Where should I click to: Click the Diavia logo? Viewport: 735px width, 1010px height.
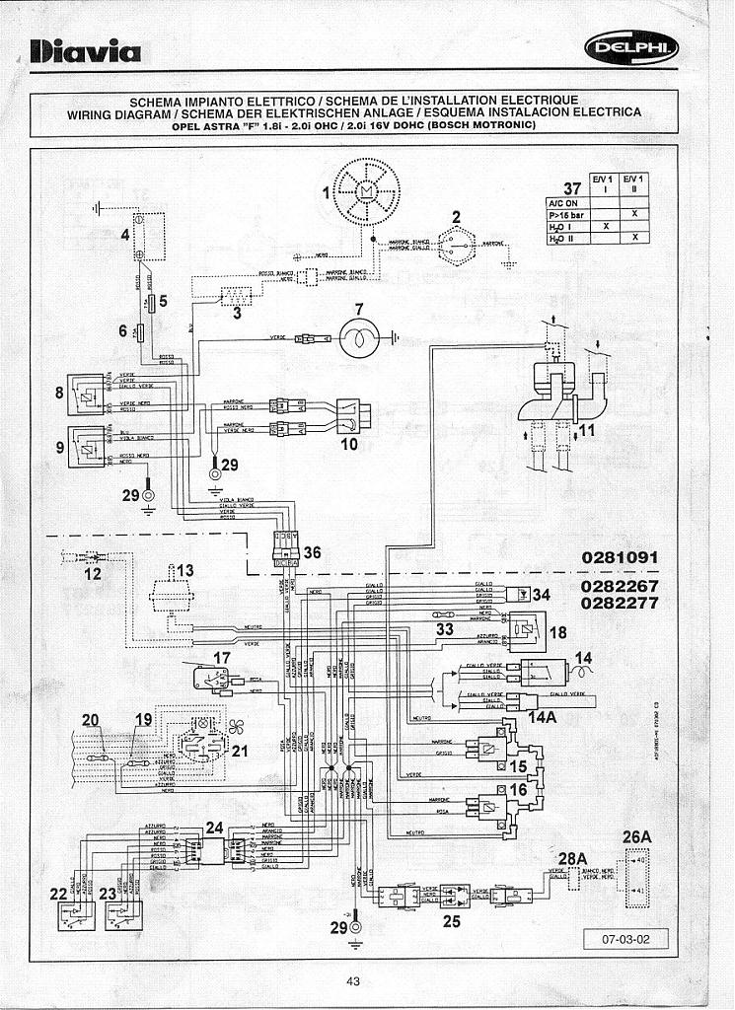(x=86, y=52)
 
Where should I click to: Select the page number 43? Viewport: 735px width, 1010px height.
(x=353, y=980)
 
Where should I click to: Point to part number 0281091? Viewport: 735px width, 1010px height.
(x=620, y=557)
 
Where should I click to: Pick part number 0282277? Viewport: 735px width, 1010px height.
(x=620, y=602)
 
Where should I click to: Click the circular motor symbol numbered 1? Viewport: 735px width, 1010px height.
(x=365, y=190)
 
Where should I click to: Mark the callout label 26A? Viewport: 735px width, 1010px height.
(x=637, y=837)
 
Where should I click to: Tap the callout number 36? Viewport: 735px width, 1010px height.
(x=312, y=552)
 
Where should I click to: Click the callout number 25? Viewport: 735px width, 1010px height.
(x=452, y=921)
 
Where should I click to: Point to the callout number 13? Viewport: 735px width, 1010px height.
(x=184, y=571)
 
